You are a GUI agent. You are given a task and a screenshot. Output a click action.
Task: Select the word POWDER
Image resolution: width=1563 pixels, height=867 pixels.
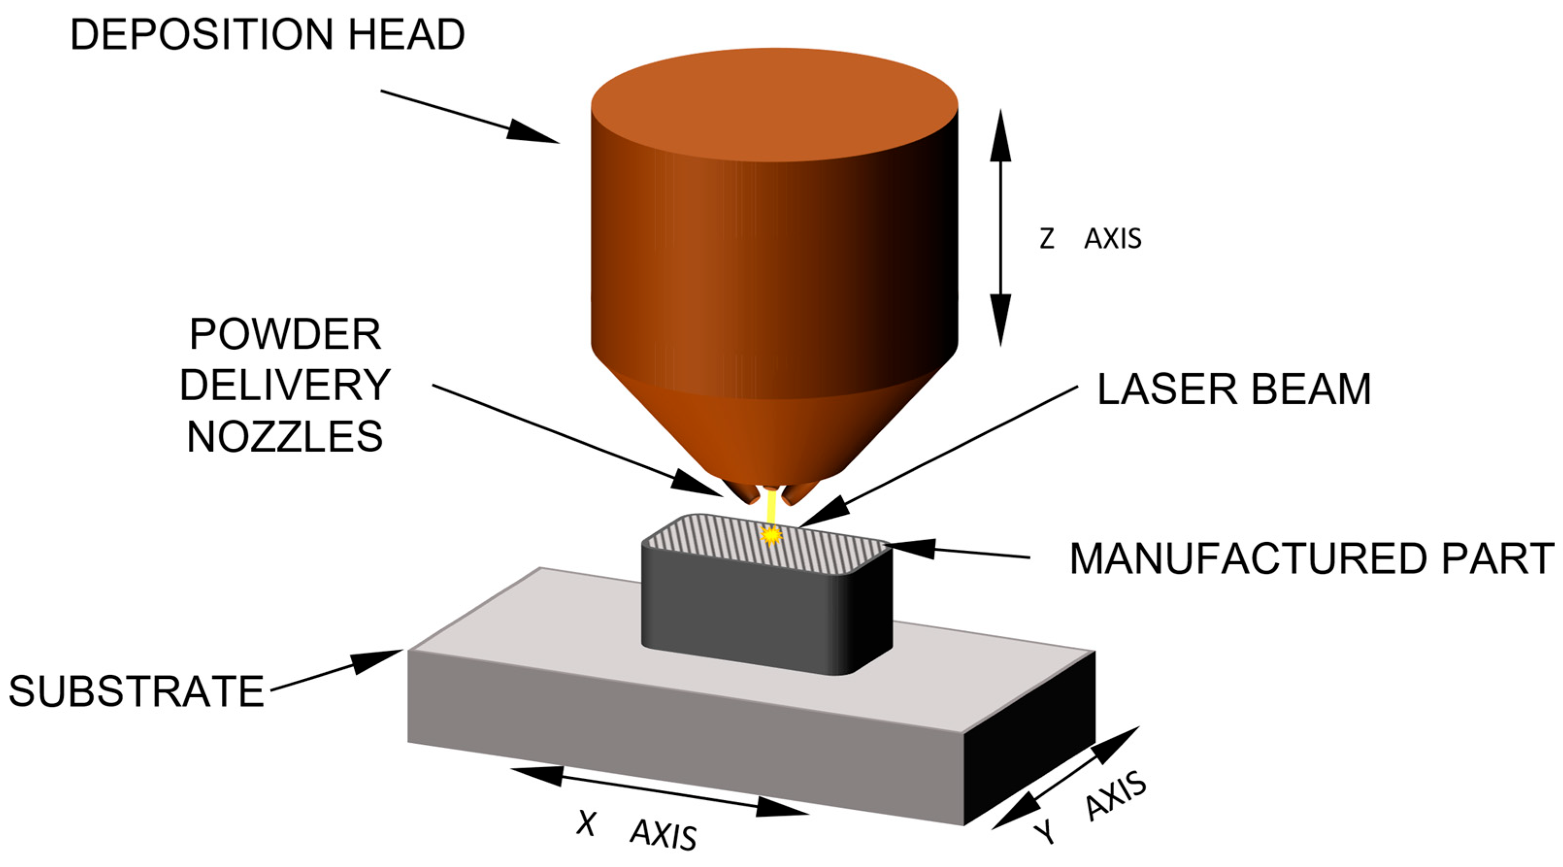285,334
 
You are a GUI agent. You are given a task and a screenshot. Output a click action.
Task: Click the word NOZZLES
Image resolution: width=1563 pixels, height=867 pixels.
285,436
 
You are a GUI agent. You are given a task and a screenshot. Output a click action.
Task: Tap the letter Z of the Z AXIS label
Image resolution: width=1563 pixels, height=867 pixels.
1047,238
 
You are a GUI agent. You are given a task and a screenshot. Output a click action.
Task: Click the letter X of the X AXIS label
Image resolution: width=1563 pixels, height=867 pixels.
586,823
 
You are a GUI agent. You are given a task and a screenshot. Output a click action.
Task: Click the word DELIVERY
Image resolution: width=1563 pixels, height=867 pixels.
285,385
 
